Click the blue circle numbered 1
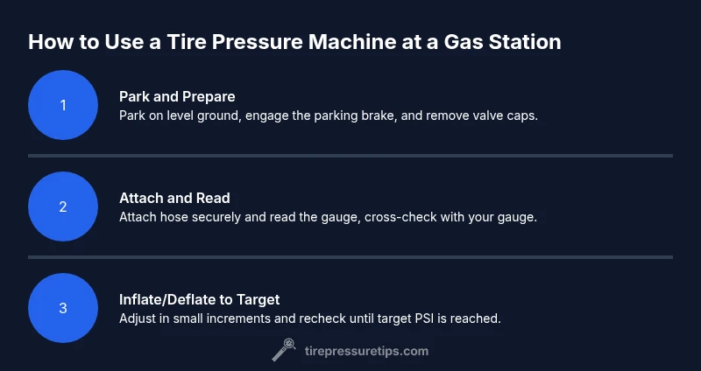63,105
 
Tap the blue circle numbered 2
63,206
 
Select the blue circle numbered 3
63,308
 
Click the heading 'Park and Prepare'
177,97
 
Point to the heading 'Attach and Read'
174,198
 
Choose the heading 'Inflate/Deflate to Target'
200,299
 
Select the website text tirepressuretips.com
366,352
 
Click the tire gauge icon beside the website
284,350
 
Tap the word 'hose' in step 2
174,217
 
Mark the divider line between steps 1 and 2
350,156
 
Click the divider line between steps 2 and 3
350,257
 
